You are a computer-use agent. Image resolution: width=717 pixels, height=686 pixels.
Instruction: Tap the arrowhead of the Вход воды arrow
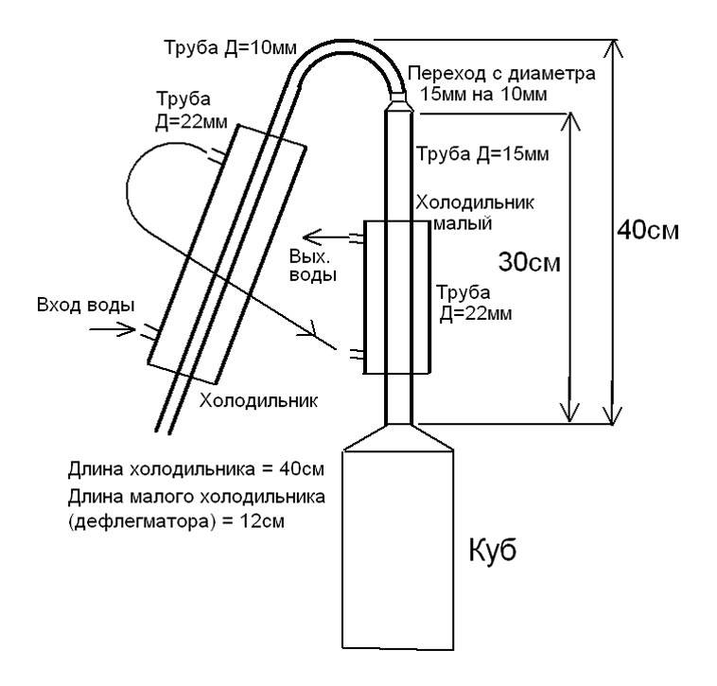point(131,330)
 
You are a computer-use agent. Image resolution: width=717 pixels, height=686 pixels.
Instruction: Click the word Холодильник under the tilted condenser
point(257,400)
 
